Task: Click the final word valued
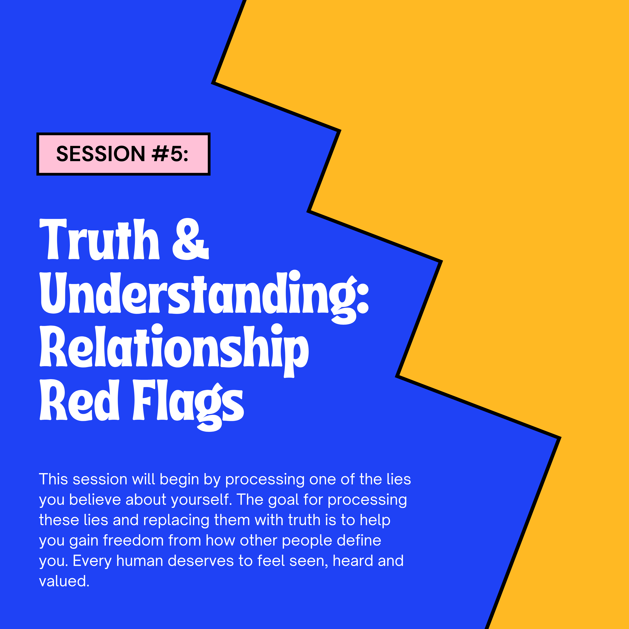[x=64, y=581]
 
